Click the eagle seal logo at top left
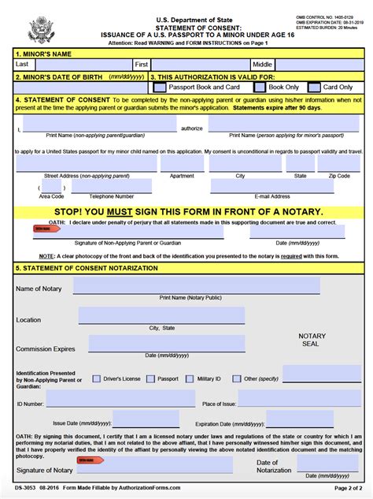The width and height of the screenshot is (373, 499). pos(41,29)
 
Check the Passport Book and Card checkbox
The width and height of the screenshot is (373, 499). pos(160,88)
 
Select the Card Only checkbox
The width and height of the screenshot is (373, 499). pos(315,88)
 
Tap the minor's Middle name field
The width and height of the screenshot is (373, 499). pos(319,64)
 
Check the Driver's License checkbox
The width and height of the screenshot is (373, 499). pos(97,378)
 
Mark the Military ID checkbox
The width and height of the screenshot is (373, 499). pos(190,378)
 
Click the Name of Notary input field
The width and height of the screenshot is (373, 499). pos(197,285)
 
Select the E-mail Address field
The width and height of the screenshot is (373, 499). pos(271,186)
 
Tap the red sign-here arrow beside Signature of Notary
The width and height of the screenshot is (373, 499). pos(90,460)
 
